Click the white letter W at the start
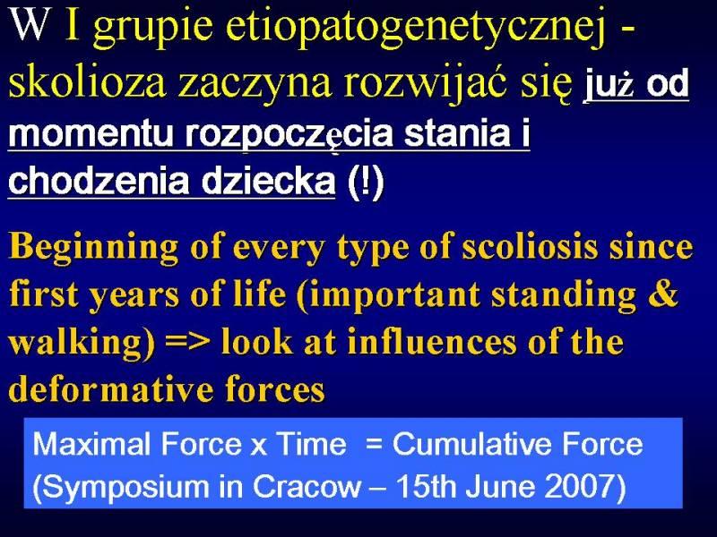pos(30,26)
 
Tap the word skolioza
pos(87,83)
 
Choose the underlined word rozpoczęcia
pos(289,135)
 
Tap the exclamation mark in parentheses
pos(366,183)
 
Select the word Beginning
pos(94,248)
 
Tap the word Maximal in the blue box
pos(91,443)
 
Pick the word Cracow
pos(307,486)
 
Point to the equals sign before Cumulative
pos(374,444)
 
